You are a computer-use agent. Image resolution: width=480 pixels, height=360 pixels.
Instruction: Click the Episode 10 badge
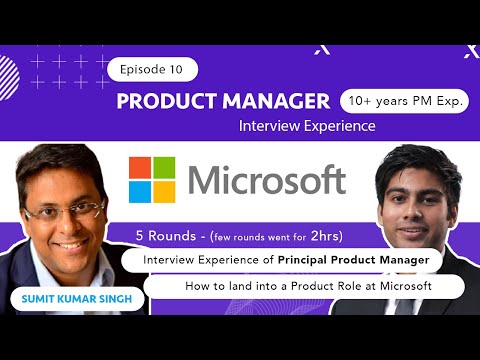[151, 70]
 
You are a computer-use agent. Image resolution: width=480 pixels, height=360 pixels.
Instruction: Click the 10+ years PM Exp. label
[405, 101]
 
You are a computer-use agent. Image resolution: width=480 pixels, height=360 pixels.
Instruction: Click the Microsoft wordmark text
[267, 181]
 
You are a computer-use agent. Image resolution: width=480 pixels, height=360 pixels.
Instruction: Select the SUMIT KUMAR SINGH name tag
[61, 298]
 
